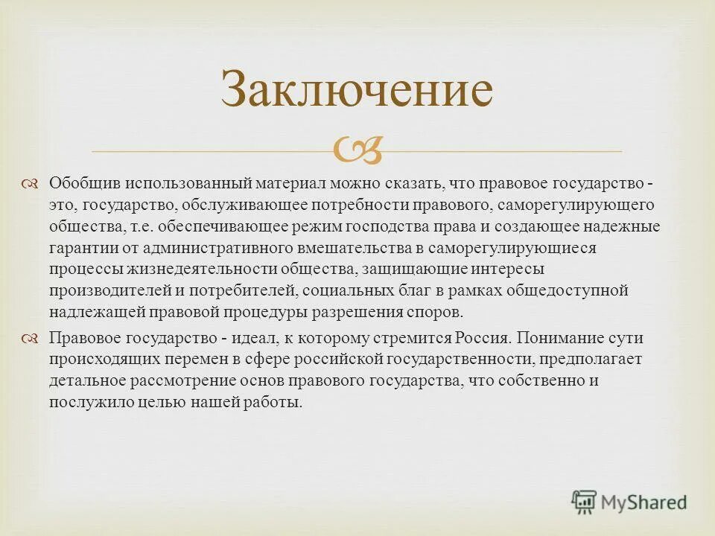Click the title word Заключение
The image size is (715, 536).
(357, 91)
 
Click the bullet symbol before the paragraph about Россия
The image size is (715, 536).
(30, 339)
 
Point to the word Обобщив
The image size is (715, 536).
(83, 183)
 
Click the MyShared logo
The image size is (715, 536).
(629, 502)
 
